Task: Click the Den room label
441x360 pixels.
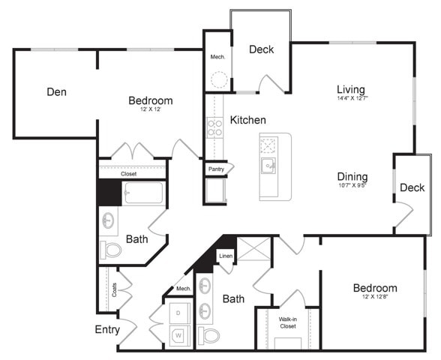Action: click(56, 92)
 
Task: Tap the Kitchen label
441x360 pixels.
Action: click(247, 120)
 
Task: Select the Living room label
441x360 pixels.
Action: click(351, 87)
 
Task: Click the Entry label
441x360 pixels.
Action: click(107, 329)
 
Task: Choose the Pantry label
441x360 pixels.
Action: click(217, 169)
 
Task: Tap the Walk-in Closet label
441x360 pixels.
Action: click(288, 323)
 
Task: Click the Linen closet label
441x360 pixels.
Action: click(226, 256)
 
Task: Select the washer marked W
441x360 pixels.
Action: click(178, 334)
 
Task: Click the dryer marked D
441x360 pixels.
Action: click(178, 311)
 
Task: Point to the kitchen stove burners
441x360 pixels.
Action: click(214, 128)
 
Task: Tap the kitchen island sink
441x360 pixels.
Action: click(268, 165)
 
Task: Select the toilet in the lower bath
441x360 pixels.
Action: click(210, 334)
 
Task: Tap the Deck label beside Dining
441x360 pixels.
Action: click(412, 187)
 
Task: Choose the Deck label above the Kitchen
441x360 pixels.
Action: click(261, 50)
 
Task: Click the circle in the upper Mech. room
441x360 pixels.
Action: click(218, 80)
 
